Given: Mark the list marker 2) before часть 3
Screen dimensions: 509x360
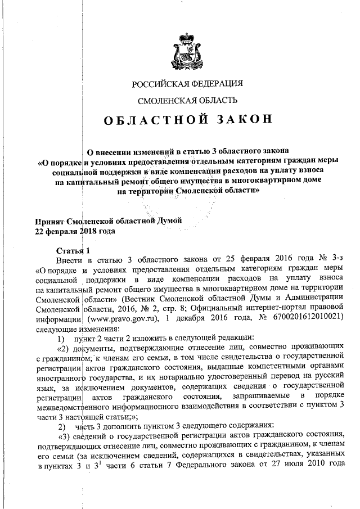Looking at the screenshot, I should (62, 425).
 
